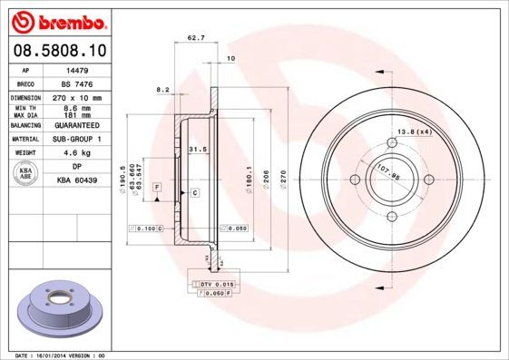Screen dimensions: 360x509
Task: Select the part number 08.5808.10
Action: (x=59, y=50)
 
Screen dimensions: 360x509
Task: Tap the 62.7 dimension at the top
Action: (x=195, y=38)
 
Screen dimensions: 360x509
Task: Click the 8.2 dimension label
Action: (x=163, y=89)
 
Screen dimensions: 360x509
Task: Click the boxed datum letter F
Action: (x=157, y=186)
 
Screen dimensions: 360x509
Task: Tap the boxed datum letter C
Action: (x=194, y=193)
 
